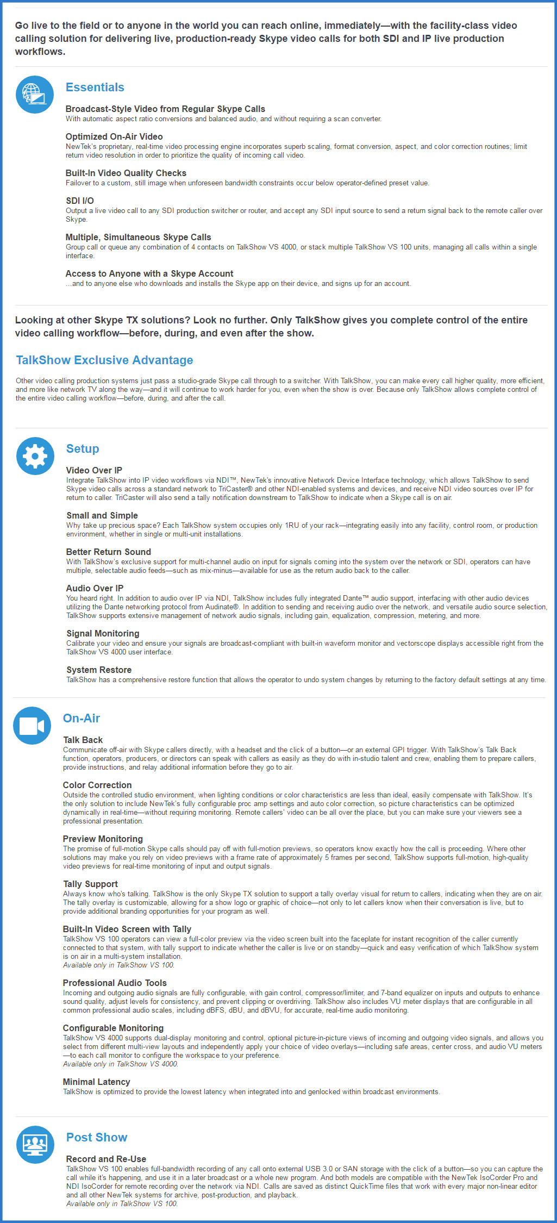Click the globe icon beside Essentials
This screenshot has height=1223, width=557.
click(x=35, y=95)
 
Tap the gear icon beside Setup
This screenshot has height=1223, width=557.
click(x=35, y=456)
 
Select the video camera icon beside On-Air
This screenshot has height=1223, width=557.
click(x=32, y=726)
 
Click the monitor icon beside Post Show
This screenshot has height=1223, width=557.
click(x=35, y=1145)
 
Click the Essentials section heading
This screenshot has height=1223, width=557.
click(x=95, y=88)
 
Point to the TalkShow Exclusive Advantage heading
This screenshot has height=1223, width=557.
click(x=104, y=360)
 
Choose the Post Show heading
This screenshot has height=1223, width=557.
click(x=97, y=1138)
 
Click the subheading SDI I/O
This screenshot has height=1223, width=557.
click(x=80, y=201)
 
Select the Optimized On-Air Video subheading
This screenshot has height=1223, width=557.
click(x=114, y=137)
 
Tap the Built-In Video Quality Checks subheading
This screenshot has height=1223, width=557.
click(x=126, y=173)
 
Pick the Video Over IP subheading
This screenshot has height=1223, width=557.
click(x=94, y=471)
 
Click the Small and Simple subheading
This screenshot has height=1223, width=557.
click(x=102, y=516)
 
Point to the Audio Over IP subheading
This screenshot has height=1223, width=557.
click(x=95, y=589)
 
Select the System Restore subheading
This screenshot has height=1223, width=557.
click(x=99, y=670)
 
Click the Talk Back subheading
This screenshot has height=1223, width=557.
click(x=83, y=740)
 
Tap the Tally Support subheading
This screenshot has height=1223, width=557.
click(x=90, y=884)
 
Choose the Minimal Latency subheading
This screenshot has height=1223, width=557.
click(x=96, y=1082)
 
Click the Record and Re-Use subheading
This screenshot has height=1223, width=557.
click(x=106, y=1159)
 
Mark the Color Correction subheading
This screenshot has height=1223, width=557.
click(x=97, y=785)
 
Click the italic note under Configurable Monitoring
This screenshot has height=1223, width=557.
click(x=121, y=1064)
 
